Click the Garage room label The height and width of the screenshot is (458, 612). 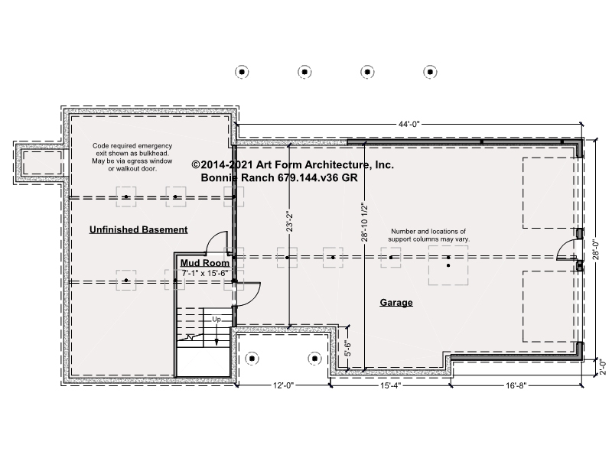click(396, 302)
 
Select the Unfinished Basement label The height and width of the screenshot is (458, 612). click(138, 229)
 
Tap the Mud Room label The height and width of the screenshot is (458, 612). click(204, 262)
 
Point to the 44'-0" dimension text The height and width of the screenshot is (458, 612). click(409, 125)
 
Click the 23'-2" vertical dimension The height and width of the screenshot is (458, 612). click(289, 222)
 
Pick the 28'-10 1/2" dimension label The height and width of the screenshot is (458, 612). click(365, 223)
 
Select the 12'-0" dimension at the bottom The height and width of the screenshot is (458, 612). click(283, 386)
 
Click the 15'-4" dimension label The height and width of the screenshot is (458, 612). click(391, 386)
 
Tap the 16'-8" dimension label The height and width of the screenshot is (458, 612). click(516, 386)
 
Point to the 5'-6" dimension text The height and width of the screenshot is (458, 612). click(348, 349)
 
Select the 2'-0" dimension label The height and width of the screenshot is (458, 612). click(604, 367)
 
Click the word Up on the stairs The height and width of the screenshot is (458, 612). click(216, 320)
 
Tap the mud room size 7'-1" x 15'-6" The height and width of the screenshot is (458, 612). click(205, 273)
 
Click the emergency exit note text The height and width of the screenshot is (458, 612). click(132, 158)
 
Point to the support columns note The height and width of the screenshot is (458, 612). click(428, 235)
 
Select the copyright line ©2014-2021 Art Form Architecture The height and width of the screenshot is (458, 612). click(293, 164)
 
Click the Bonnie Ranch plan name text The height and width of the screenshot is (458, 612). click(279, 177)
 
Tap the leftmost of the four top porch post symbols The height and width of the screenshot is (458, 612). click(242, 72)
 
